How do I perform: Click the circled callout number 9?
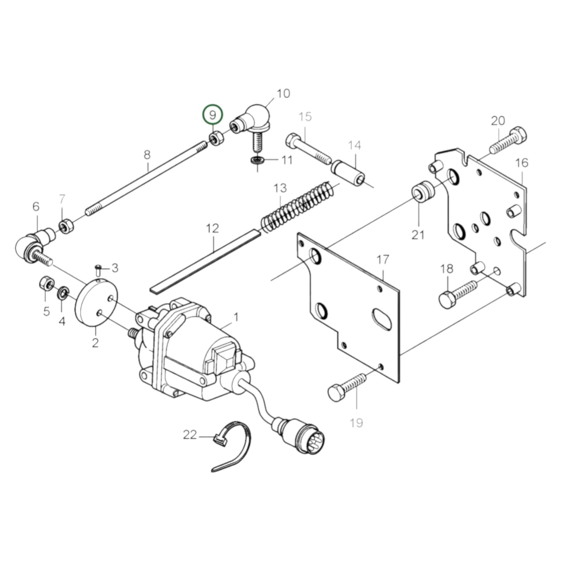pyautogui.click(x=213, y=115)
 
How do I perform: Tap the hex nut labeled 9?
pyautogui.click(x=215, y=138)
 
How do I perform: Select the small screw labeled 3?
pyautogui.click(x=98, y=269)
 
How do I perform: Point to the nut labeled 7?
pyautogui.click(x=64, y=226)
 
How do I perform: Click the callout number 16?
pyautogui.click(x=522, y=163)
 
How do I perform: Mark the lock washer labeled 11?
pyautogui.click(x=257, y=160)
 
